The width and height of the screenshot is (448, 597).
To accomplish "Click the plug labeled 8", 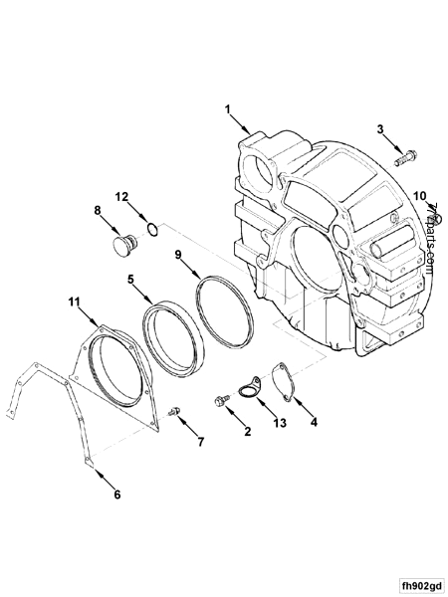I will coord(124,244).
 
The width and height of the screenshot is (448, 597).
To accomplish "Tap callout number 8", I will coord(98,210).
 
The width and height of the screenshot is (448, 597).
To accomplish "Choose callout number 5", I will coord(130,281).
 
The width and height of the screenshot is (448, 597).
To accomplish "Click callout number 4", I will coord(314,422).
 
